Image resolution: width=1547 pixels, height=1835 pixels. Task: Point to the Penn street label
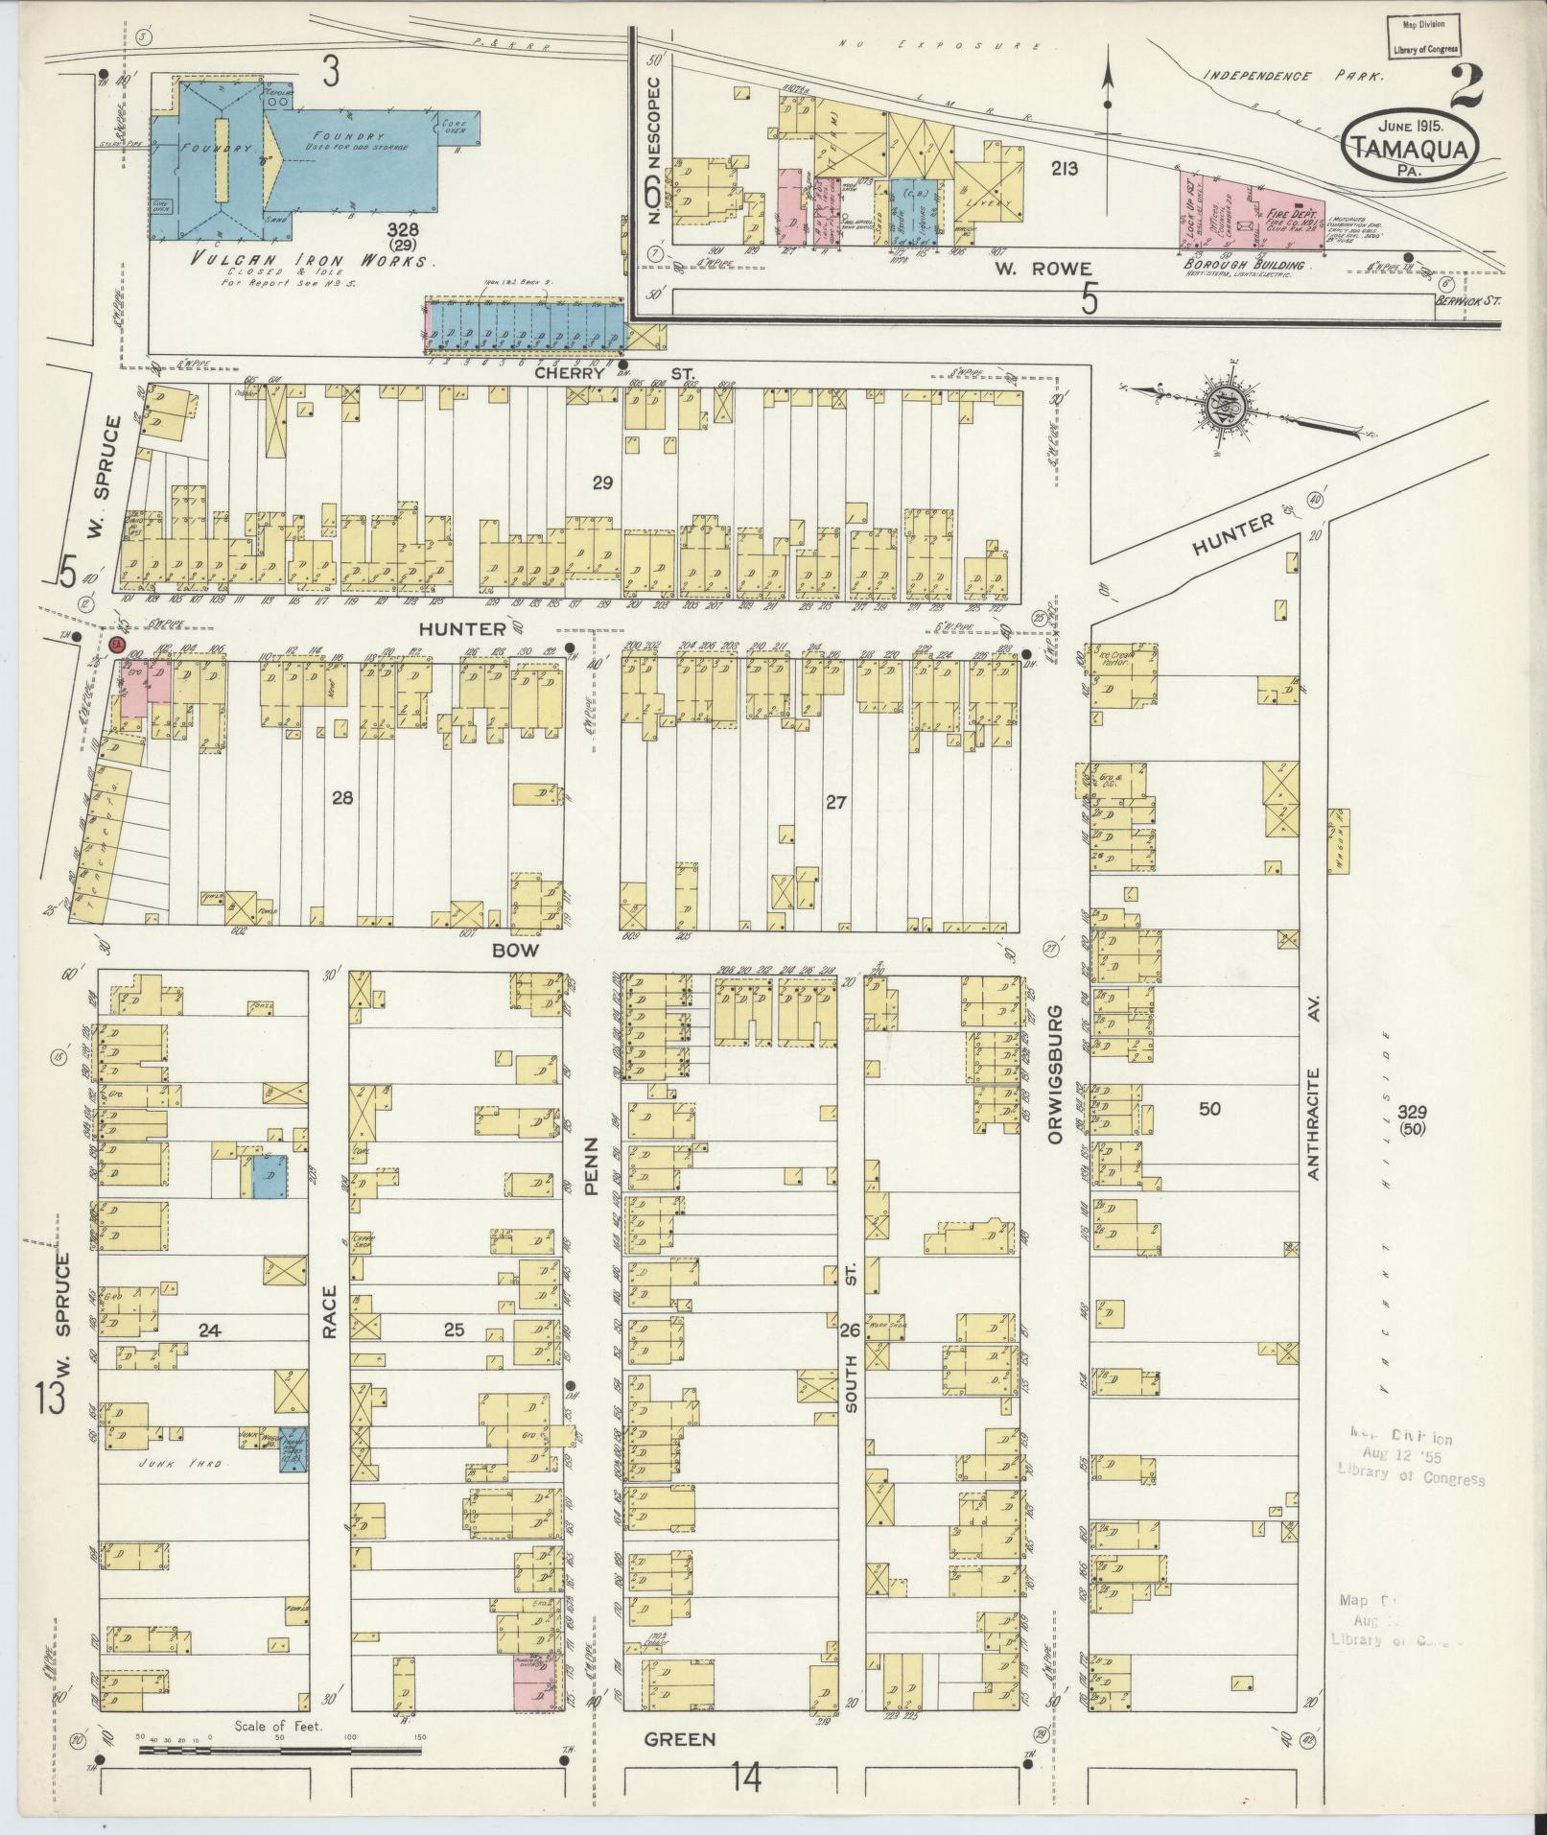click(x=591, y=1167)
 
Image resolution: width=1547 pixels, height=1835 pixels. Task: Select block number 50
click(x=1210, y=1109)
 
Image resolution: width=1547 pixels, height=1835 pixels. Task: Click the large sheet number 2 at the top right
click(x=1465, y=89)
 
